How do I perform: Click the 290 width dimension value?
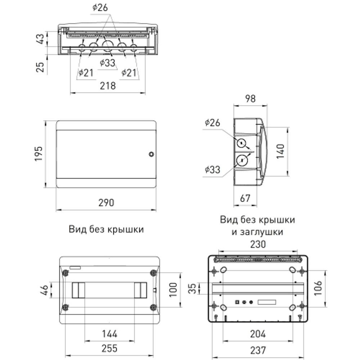(x=107, y=203)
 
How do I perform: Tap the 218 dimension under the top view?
(x=108, y=86)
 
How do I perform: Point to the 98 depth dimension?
(x=250, y=99)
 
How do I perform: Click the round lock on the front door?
(x=151, y=154)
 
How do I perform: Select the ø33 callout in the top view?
(x=107, y=63)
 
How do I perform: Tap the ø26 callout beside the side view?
(x=212, y=123)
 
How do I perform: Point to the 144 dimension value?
(x=109, y=334)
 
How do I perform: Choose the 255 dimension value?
(x=109, y=348)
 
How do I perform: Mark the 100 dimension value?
(x=173, y=289)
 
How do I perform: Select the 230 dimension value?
(x=258, y=244)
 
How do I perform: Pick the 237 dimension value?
(x=258, y=350)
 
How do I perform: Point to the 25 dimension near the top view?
(x=41, y=67)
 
